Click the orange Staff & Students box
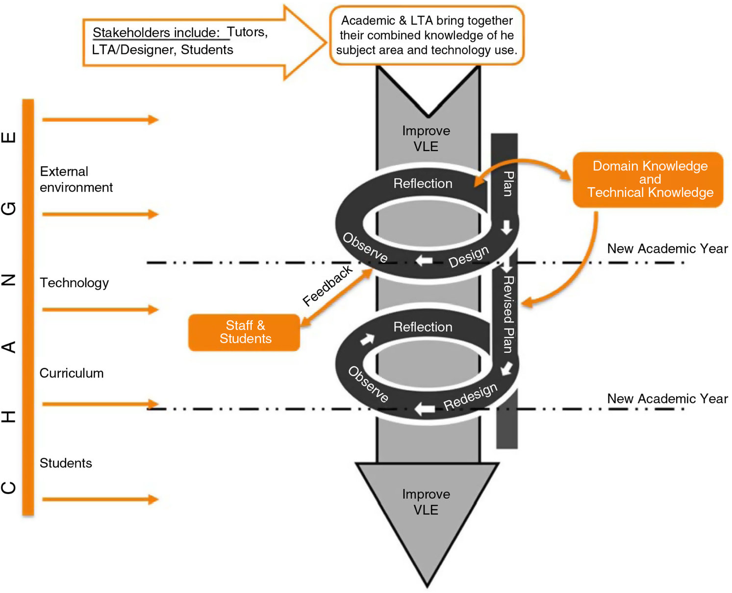coord(244,332)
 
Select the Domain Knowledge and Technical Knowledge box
coord(648,179)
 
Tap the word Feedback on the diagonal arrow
coord(327,286)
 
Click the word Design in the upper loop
coord(469,256)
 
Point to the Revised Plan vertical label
coord(508,314)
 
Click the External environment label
coord(76,179)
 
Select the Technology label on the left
coord(74,283)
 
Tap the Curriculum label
coord(72,373)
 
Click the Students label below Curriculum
coord(66,463)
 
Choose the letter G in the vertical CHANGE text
coord(9,208)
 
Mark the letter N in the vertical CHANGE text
coord(9,280)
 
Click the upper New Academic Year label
coord(667,248)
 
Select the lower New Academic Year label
coord(667,398)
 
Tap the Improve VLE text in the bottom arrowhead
coord(426,502)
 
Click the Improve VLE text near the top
coord(426,139)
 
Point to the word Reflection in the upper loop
coord(423,183)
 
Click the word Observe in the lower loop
coord(368,384)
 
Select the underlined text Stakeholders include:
coord(156,32)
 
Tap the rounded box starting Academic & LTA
coord(427,35)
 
